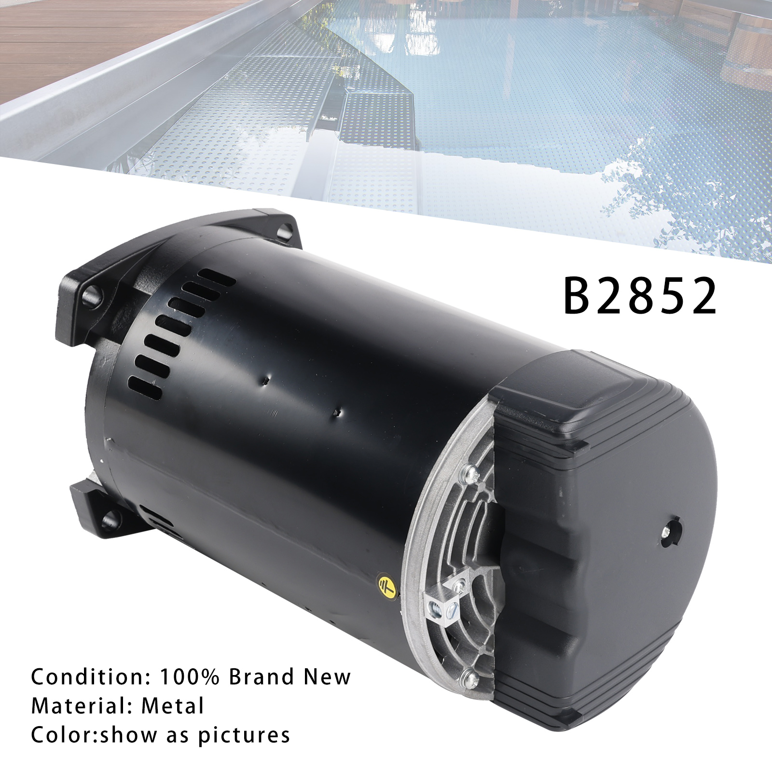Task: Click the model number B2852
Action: pos(640,296)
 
